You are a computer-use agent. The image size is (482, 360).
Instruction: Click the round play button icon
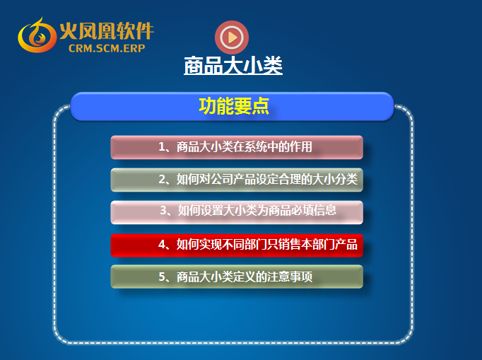point(232,37)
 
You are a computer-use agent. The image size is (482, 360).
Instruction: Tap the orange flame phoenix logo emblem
point(37,35)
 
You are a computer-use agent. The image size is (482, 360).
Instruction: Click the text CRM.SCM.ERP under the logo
point(107,48)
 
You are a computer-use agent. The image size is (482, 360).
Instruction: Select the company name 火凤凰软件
point(106,31)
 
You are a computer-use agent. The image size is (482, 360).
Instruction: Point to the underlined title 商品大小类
point(233,65)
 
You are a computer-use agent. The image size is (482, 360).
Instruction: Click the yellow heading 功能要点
point(234,106)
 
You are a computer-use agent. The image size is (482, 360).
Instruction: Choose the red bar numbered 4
point(237,245)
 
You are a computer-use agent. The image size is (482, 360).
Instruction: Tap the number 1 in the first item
point(162,147)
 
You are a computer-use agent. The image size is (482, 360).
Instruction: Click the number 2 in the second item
point(162,179)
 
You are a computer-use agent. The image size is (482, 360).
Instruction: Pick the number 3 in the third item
point(163,211)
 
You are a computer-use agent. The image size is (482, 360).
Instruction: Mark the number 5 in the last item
point(162,277)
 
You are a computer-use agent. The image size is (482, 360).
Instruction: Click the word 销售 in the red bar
point(289,245)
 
